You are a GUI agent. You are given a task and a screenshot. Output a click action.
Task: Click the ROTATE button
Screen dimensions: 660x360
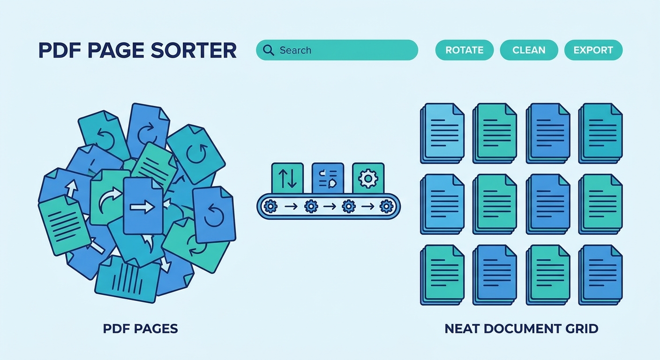point(465,50)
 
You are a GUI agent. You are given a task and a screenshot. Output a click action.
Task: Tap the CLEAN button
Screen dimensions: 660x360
point(529,50)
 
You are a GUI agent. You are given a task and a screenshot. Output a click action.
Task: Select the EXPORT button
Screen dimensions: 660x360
point(593,50)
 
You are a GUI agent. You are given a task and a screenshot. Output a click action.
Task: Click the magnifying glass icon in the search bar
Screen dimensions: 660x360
point(269,50)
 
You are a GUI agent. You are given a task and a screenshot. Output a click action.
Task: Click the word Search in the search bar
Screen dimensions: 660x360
point(295,50)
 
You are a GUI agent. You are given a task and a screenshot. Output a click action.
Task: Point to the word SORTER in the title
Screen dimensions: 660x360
point(194,50)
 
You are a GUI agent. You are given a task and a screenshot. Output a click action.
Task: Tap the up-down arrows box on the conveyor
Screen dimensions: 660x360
point(287,178)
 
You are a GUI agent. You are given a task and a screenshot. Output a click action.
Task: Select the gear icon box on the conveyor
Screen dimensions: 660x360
point(368,178)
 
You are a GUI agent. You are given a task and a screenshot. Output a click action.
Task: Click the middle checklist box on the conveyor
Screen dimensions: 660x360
point(328,178)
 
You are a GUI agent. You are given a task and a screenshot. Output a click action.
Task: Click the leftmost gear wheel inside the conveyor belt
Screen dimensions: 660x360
point(270,206)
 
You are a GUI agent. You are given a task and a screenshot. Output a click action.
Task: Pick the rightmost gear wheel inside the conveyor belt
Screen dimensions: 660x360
point(387,206)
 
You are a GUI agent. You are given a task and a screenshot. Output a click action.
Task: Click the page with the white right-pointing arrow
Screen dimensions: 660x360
point(143,206)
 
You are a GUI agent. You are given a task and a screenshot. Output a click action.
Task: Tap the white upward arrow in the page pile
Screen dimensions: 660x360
point(71,188)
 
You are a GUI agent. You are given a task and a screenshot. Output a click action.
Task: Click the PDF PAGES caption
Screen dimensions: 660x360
point(140,329)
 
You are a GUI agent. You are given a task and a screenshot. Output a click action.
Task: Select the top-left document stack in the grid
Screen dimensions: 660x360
point(442,133)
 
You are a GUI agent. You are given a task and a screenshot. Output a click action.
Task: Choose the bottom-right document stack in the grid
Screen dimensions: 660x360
point(600,275)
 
